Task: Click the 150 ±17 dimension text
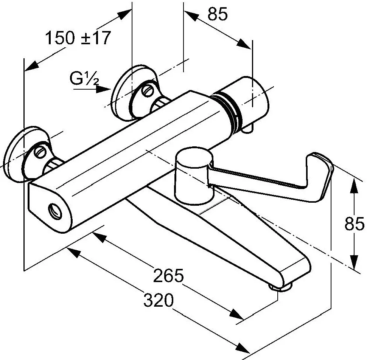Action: click(78, 38)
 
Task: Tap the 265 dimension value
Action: click(168, 276)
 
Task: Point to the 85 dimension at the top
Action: click(218, 14)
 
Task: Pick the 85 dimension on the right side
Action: click(355, 223)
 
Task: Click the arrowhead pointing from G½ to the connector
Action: click(103, 89)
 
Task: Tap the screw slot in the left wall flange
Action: click(40, 152)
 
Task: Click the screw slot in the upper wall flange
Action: click(147, 90)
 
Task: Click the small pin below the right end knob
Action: click(247, 129)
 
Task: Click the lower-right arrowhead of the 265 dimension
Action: click(236, 314)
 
